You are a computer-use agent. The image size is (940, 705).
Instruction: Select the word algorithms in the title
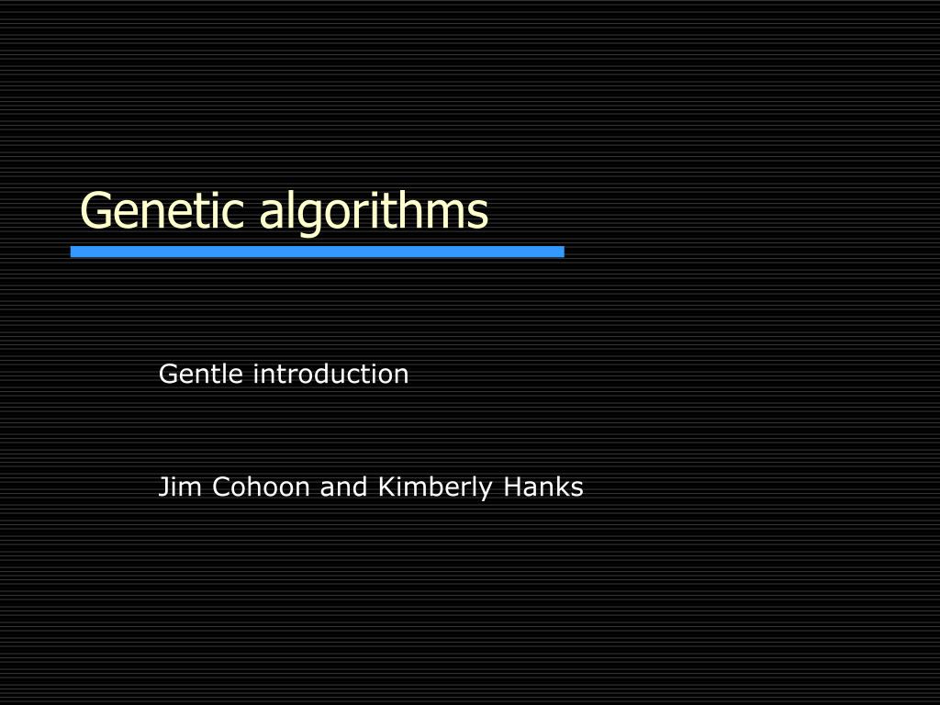pyautogui.click(x=374, y=211)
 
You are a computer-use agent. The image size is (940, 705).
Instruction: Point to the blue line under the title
pyautogui.click(x=318, y=252)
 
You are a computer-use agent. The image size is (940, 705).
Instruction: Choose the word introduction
pyautogui.click(x=330, y=375)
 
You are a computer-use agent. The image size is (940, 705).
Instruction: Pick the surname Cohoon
pyautogui.click(x=262, y=487)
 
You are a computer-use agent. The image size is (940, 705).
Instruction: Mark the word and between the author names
pyautogui.click(x=343, y=487)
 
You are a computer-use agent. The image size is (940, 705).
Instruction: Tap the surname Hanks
pyautogui.click(x=543, y=487)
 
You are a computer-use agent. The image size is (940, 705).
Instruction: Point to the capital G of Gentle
pyautogui.click(x=168, y=375)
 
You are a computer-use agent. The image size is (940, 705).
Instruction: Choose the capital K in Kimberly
pyautogui.click(x=386, y=487)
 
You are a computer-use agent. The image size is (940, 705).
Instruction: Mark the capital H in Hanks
pyautogui.click(x=511, y=487)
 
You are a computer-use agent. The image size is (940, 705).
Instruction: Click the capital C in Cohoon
pyautogui.click(x=221, y=487)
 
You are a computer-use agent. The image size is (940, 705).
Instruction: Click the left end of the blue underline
pyautogui.click(x=73, y=252)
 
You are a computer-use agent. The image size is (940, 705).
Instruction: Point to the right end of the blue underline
pyautogui.click(x=562, y=252)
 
